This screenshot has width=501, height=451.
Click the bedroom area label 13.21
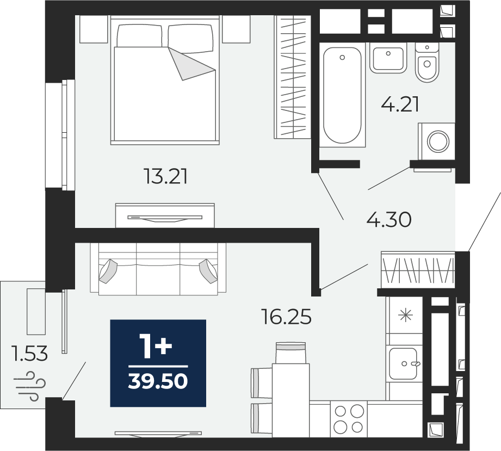[x=166, y=176]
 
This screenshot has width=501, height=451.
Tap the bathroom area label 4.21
[x=400, y=104]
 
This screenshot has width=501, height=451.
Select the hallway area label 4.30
[x=388, y=220]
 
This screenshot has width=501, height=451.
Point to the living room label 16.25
[x=286, y=317]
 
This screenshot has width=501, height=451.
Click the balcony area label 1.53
[x=29, y=354]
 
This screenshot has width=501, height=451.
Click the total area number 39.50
[x=158, y=381]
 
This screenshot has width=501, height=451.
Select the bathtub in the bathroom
[x=342, y=95]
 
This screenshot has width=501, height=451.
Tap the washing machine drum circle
[x=438, y=141]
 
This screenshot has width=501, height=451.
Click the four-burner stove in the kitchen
[x=349, y=418]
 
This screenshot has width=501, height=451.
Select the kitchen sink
[x=403, y=364]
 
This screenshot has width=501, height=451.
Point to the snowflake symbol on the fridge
[x=405, y=316]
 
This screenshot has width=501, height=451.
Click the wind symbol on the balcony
[x=29, y=386]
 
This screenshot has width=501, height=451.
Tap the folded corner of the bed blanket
[x=191, y=64]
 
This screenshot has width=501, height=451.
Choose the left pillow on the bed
[x=139, y=36]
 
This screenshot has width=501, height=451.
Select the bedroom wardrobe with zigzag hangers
[x=293, y=77]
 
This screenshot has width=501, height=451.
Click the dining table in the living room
[x=291, y=400]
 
